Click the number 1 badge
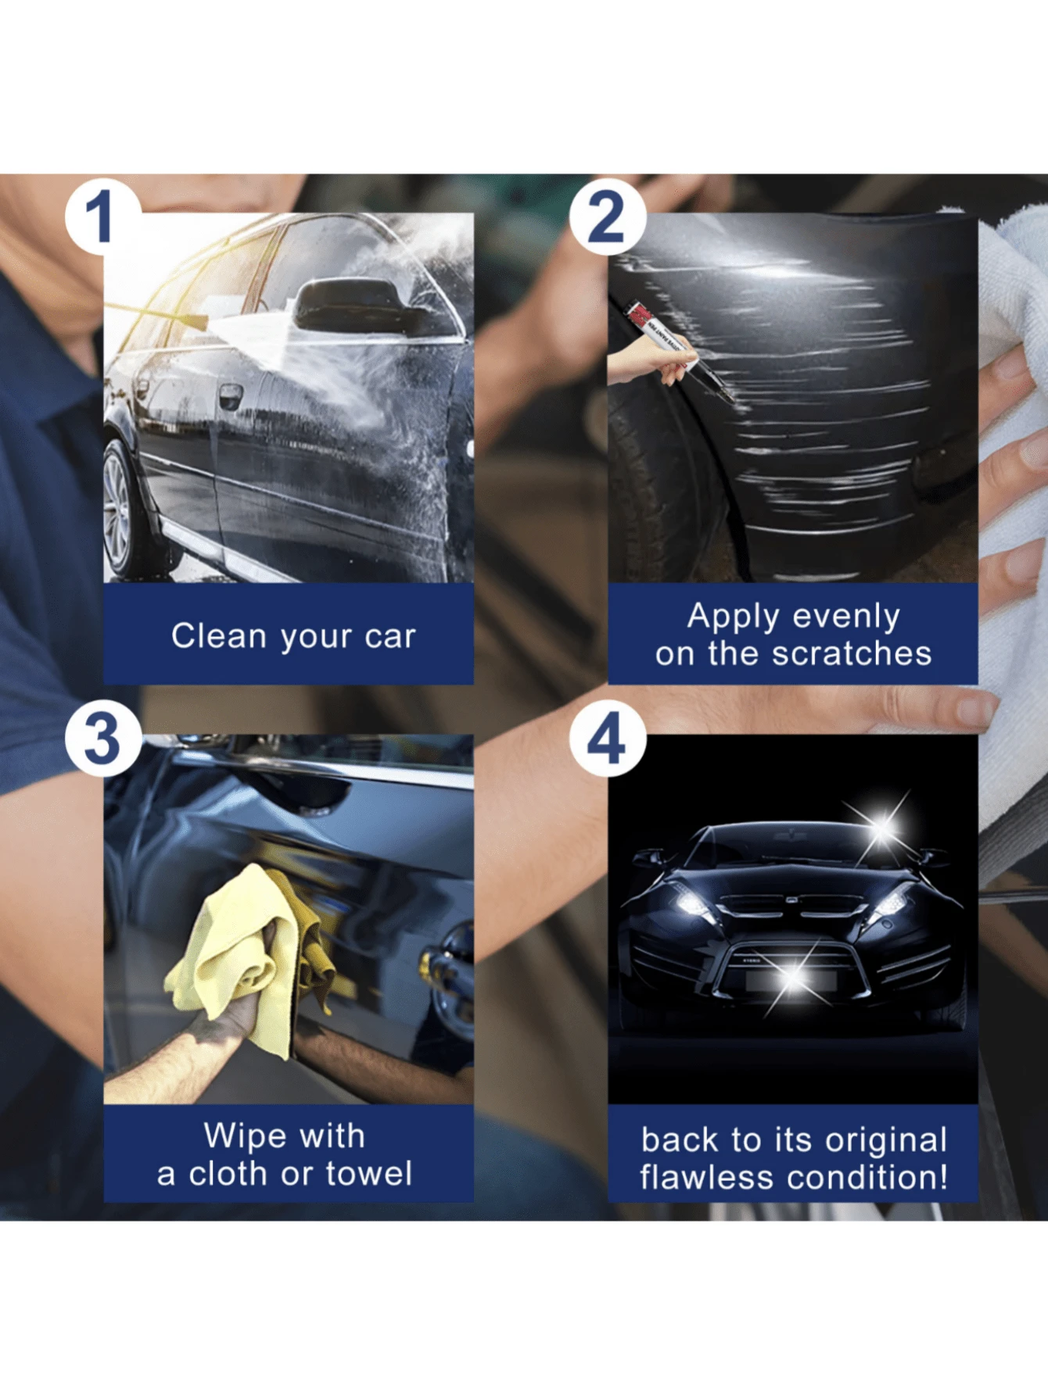click(101, 216)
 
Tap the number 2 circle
click(607, 216)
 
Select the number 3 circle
click(102, 739)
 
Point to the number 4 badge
click(607, 739)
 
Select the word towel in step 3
click(368, 1173)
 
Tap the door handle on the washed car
click(229, 395)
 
